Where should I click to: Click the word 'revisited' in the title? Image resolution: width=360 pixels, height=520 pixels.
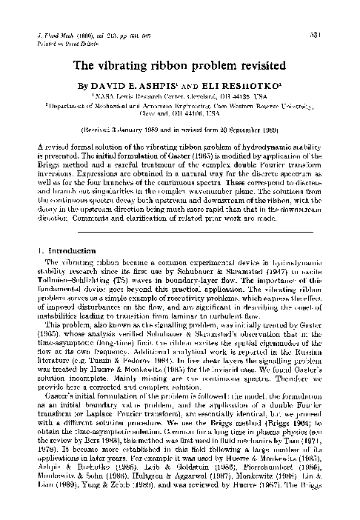(x=251, y=65)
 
